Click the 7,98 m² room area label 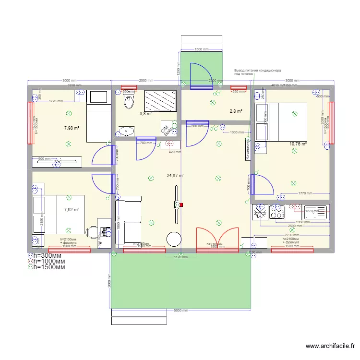tap(71, 128)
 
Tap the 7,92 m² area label tap(71, 209)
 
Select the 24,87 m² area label tap(175, 176)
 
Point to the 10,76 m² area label tap(298, 143)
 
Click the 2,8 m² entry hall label tap(235, 111)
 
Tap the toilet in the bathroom tap(128, 101)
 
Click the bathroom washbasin tap(127, 131)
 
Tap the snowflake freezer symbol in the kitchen tap(260, 212)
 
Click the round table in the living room tap(174, 239)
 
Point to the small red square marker tap(181, 205)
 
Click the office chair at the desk tap(91, 232)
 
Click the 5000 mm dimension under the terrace tap(180, 311)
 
